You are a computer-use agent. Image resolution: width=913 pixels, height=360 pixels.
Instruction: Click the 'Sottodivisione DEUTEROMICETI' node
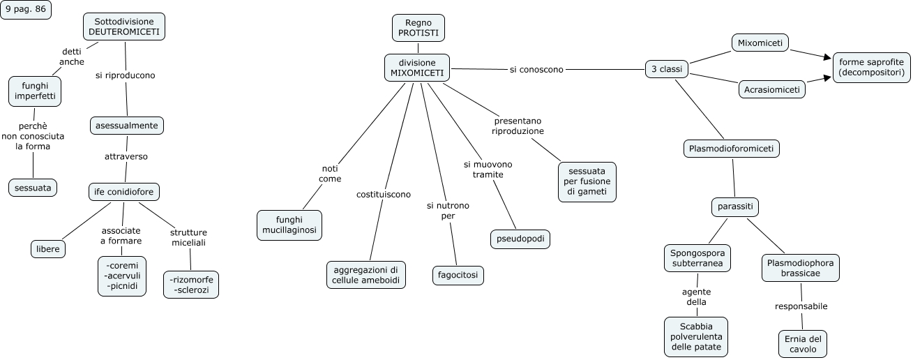tap(124, 27)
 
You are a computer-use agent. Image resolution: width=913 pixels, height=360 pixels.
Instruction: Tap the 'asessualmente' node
tap(127, 126)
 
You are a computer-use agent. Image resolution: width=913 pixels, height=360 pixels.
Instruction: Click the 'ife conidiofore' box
tap(124, 191)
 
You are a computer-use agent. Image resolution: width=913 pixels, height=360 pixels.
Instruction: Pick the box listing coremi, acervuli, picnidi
tap(122, 276)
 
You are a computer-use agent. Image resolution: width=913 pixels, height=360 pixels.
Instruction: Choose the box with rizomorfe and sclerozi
tap(191, 284)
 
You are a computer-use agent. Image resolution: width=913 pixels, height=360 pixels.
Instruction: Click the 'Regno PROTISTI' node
tap(418, 28)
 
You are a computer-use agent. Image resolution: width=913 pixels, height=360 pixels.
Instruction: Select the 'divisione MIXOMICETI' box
tap(417, 68)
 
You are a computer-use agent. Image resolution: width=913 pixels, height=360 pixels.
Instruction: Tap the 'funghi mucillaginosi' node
tap(289, 225)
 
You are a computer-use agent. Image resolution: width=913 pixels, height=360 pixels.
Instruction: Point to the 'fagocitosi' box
tap(458, 275)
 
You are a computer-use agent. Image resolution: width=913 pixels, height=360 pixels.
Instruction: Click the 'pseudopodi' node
tap(520, 239)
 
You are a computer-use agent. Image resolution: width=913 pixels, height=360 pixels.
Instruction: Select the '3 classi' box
tap(667, 69)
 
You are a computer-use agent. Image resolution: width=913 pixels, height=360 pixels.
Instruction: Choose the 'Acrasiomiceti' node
tap(772, 90)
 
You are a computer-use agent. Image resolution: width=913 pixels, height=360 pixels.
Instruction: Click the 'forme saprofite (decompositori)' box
tap(871, 67)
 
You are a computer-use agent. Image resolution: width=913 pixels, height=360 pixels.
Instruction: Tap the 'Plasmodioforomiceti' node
tap(731, 148)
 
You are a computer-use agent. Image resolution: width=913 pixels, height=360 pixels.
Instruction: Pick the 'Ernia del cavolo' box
tap(803, 344)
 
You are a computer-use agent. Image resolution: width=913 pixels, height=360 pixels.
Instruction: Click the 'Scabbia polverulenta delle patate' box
tap(695, 336)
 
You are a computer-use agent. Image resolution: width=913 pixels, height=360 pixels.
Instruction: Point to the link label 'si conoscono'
tap(536, 69)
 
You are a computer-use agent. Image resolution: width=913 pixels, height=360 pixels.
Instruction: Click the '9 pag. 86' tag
tap(26, 10)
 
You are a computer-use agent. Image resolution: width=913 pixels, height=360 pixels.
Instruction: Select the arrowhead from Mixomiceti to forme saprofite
tap(828, 57)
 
